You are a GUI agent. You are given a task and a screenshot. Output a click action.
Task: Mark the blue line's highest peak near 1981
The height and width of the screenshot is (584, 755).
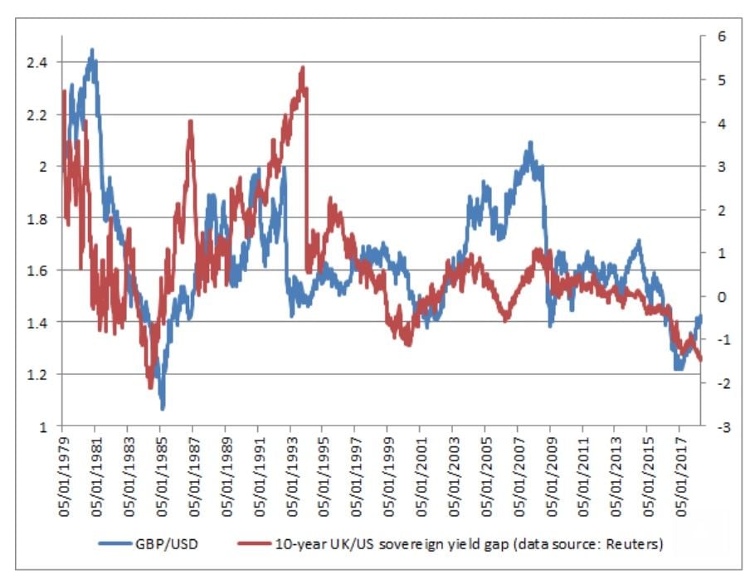point(92,50)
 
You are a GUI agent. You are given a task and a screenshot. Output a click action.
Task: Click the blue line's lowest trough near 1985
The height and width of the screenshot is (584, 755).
point(163,407)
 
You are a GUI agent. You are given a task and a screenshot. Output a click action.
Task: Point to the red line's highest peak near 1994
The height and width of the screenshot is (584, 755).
point(303,69)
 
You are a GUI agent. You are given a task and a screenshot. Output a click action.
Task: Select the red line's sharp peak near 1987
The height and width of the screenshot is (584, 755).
point(191,122)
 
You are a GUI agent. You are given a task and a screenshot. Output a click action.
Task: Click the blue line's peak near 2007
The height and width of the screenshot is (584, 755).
point(529,144)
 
